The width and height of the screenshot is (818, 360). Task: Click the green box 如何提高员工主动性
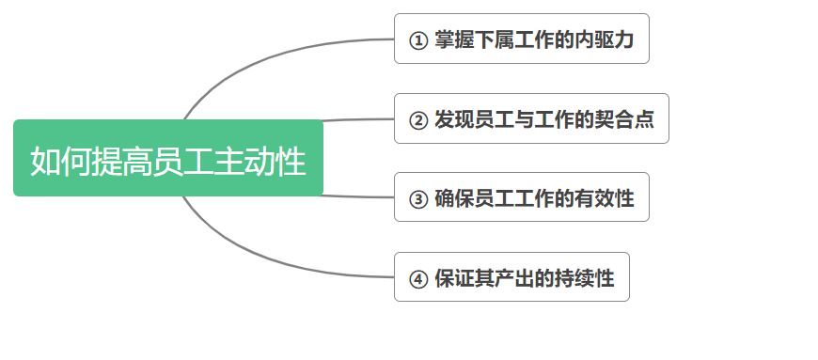pyautogui.click(x=167, y=158)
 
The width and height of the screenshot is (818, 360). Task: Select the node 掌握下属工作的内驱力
pyautogui.click(x=521, y=39)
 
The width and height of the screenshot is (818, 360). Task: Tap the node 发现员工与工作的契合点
pyautogui.click(x=531, y=119)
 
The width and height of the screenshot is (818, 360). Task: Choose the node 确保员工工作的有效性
pyautogui.click(x=521, y=197)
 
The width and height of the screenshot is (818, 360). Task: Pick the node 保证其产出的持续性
pyautogui.click(x=511, y=277)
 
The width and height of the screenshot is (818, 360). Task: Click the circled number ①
pyautogui.click(x=418, y=40)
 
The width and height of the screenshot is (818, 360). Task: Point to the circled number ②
pyautogui.click(x=418, y=120)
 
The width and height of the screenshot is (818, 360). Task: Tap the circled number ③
pyautogui.click(x=418, y=198)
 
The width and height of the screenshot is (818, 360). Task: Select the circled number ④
pyautogui.click(x=418, y=278)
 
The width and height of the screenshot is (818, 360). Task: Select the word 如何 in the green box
pyautogui.click(x=54, y=161)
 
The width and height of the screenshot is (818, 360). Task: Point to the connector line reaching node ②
pyautogui.click(x=357, y=120)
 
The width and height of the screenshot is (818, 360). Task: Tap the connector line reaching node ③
pyautogui.click(x=357, y=196)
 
